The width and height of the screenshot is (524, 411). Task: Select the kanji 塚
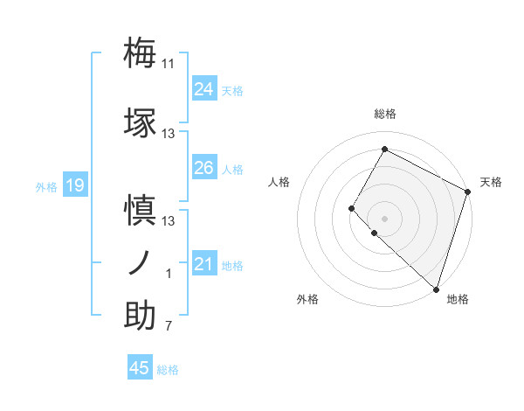click(140, 123)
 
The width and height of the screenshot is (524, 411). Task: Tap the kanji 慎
click(140, 211)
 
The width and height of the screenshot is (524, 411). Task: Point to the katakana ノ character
click(140, 262)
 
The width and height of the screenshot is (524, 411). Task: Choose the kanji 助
click(140, 315)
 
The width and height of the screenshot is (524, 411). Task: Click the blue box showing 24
click(203, 89)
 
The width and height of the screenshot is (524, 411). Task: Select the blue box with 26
click(203, 168)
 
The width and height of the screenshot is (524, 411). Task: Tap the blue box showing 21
click(203, 265)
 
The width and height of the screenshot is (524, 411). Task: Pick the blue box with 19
click(75, 185)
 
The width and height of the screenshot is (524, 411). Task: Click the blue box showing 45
click(140, 368)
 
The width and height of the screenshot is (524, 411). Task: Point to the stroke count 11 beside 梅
click(169, 63)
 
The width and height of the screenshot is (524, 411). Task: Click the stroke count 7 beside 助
click(169, 327)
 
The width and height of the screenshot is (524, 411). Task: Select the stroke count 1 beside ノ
click(169, 274)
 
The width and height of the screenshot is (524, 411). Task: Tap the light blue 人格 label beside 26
click(232, 169)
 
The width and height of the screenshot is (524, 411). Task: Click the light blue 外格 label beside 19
click(45, 186)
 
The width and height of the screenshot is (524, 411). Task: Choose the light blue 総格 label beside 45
click(168, 369)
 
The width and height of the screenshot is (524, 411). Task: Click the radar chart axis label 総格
click(384, 114)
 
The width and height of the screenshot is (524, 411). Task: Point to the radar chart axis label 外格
click(307, 299)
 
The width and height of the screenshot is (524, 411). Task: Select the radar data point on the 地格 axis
click(436, 289)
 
